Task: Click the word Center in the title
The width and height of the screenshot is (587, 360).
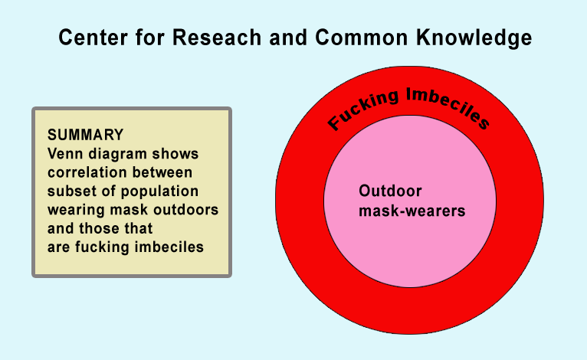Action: click(x=93, y=38)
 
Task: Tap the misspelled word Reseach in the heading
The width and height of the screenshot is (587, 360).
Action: click(x=217, y=38)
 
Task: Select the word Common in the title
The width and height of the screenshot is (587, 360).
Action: click(x=361, y=38)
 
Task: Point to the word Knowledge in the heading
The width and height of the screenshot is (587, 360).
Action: click(x=474, y=38)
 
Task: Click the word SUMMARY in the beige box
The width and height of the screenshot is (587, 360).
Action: click(x=85, y=135)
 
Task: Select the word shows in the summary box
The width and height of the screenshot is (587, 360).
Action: click(x=175, y=154)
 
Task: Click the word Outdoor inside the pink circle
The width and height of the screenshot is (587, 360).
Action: click(x=390, y=191)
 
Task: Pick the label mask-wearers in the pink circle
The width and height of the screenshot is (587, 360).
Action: click(x=412, y=211)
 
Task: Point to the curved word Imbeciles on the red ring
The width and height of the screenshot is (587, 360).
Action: click(x=448, y=106)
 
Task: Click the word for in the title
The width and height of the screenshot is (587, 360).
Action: click(x=149, y=38)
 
